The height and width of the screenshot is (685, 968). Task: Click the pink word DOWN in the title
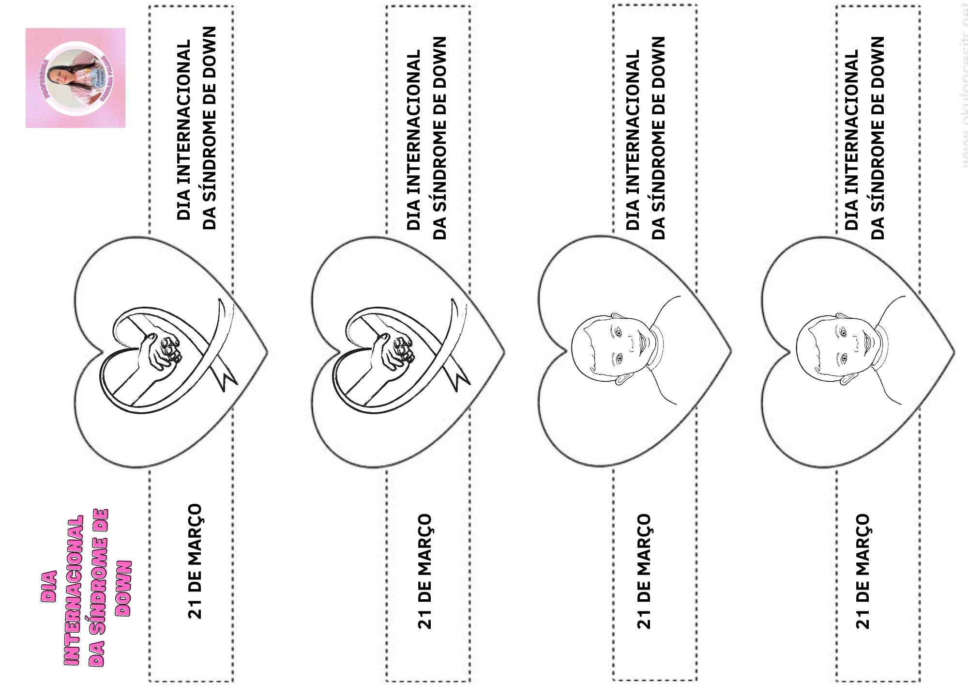click(124, 588)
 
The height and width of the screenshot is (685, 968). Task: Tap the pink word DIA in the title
click(49, 586)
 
